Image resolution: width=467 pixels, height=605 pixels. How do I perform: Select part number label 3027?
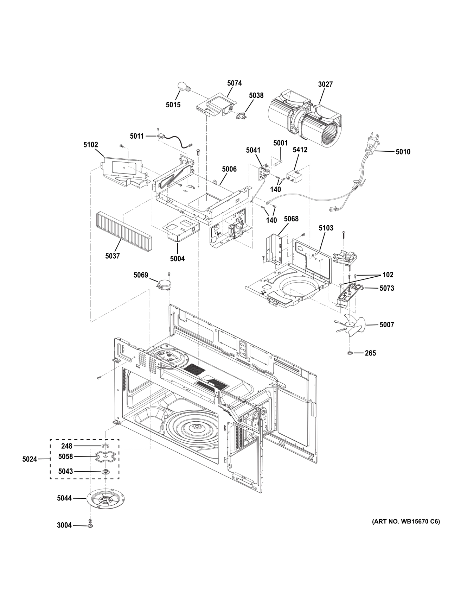pos(325,84)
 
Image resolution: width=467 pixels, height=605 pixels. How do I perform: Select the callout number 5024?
pos(30,459)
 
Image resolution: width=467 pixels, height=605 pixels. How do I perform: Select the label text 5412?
pos(300,150)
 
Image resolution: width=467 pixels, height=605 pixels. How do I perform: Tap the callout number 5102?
pos(91,145)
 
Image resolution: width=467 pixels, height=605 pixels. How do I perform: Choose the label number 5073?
pos(386,288)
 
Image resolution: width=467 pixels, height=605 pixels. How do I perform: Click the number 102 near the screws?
pos(388,275)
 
